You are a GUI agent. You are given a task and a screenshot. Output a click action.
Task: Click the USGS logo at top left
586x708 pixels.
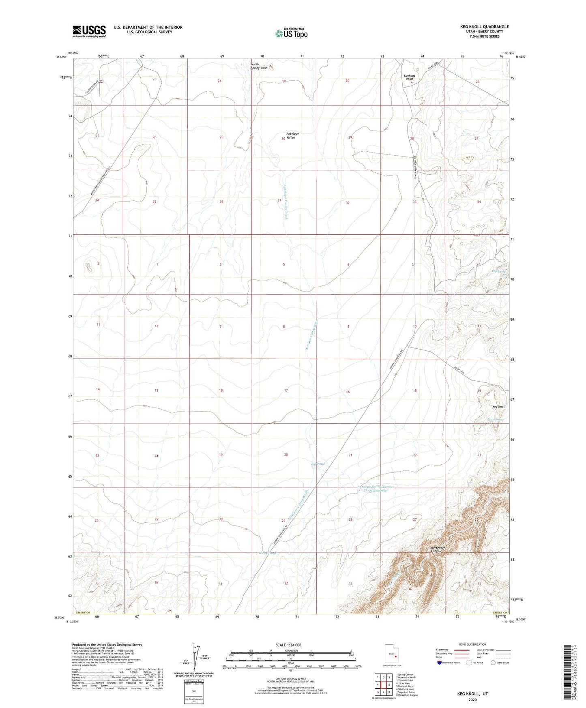[x=89, y=31]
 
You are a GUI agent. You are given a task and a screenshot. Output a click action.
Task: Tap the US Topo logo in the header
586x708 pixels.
[x=291, y=33]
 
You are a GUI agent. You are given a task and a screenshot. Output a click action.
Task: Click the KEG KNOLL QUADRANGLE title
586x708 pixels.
[x=484, y=27]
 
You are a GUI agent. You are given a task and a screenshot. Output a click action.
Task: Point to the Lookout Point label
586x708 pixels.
[x=409, y=77]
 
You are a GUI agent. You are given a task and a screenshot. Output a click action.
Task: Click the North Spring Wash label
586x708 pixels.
[x=259, y=66]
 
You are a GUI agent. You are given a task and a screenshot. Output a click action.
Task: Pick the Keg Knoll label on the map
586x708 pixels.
[x=498, y=407]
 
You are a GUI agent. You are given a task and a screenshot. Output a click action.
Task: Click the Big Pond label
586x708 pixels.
[x=318, y=463]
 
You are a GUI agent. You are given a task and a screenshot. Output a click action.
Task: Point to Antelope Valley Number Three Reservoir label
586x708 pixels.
[x=376, y=489]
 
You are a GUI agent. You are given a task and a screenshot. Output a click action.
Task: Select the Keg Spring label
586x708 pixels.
[x=498, y=271]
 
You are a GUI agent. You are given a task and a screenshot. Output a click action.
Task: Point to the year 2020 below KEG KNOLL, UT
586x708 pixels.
[x=472, y=699]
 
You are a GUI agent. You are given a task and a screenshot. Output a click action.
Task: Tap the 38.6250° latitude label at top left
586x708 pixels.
[x=62, y=57]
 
